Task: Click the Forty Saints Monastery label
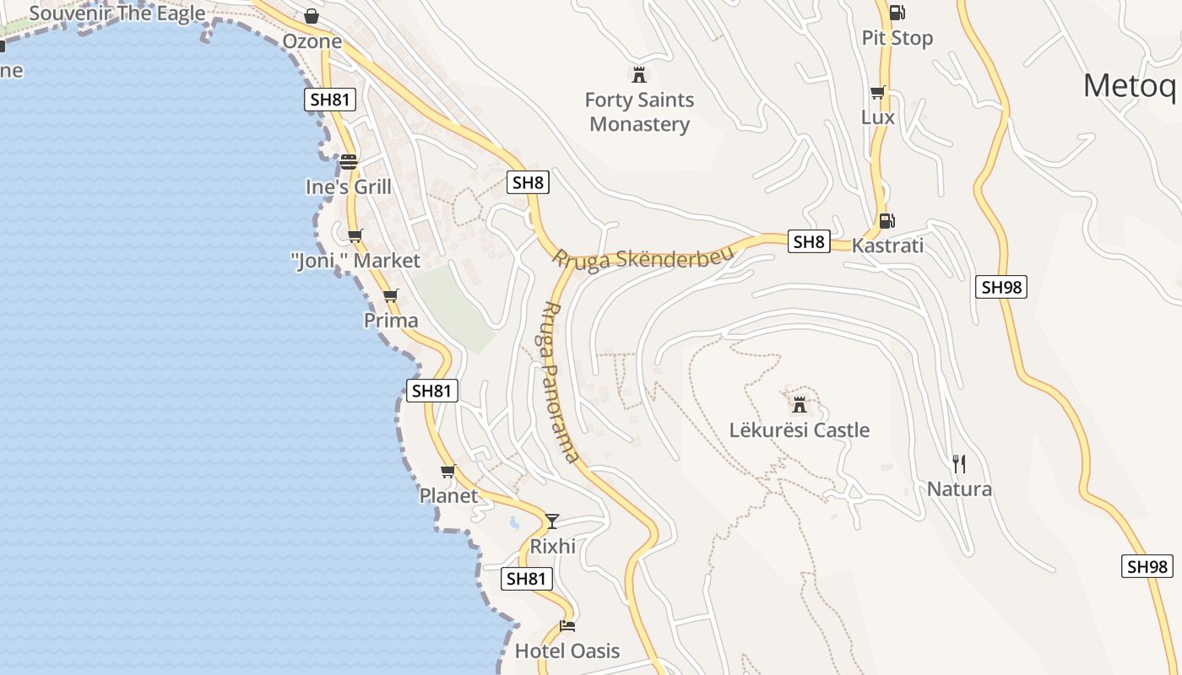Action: coord(639,112)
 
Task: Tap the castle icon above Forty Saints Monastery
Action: coord(639,74)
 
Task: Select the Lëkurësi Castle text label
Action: coord(799,430)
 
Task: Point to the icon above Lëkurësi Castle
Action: coord(799,403)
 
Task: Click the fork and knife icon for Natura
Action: coord(959,463)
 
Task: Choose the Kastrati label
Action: coord(887,246)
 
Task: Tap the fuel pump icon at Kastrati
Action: coord(886,221)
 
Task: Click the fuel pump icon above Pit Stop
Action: coord(897,13)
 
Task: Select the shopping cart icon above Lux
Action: coord(877,93)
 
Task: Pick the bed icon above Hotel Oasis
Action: coord(567,626)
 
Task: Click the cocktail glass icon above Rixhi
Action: coord(552,521)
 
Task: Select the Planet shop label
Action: coord(448,496)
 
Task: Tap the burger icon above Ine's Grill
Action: coord(349,162)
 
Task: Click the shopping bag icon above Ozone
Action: coord(312,16)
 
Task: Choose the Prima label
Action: coord(391,321)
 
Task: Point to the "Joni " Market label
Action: coord(355,261)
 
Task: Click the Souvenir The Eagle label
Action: coord(117,13)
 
